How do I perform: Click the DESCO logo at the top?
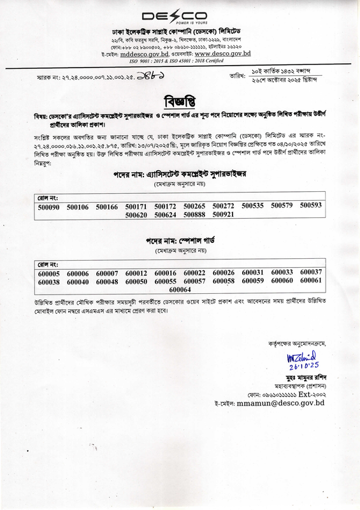tap(180, 16)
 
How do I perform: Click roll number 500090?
tap(48, 207)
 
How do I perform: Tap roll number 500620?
tap(136, 215)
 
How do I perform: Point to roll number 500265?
tap(194, 207)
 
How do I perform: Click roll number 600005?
tap(48, 273)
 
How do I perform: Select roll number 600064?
tap(180, 289)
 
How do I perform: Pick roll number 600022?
tap(194, 273)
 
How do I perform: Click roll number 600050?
tap(136, 281)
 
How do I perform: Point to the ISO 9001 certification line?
tap(180, 62)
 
